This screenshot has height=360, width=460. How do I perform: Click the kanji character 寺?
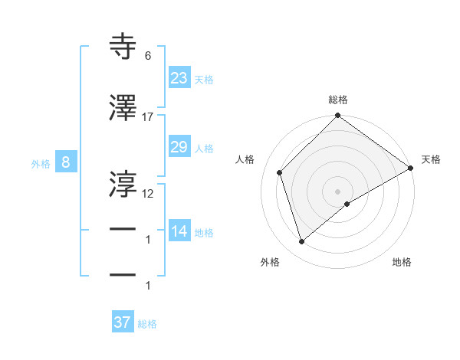pos(123,48)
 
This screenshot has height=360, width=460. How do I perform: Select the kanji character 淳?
pos(123,183)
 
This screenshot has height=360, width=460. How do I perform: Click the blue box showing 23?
pos(179,77)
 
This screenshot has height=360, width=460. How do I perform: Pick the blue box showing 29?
pos(179,147)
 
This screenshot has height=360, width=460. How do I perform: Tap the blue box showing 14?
pos(179,231)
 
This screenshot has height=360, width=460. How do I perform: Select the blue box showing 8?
pos(66,162)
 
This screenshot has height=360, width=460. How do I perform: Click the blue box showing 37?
pos(123,322)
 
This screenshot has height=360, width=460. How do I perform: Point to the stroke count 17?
pos(148,117)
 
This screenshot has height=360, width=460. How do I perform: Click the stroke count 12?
pos(148,193)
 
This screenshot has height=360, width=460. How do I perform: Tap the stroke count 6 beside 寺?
pos(148,56)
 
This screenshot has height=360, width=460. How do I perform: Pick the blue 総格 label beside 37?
pos(148,324)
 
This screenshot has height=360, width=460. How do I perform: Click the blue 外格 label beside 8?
pos(41,164)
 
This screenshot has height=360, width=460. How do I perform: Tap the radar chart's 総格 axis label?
pos(338,100)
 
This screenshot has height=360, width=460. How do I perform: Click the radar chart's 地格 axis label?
pos(402,262)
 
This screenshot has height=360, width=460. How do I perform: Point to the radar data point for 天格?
pos(412,169)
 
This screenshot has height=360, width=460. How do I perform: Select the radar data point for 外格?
pos(302,242)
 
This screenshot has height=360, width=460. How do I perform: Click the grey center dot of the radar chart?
pos(338,191)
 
